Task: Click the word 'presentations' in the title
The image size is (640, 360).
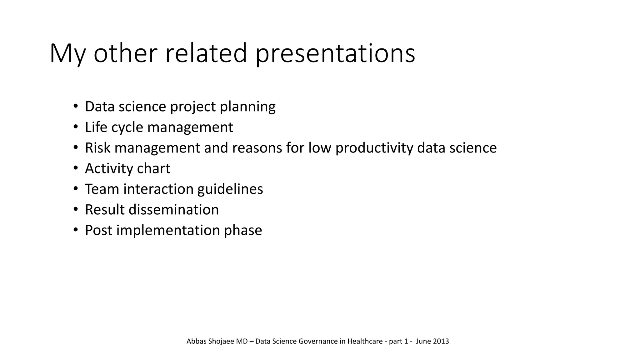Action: [335, 54]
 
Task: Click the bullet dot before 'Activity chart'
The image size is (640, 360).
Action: [75, 168]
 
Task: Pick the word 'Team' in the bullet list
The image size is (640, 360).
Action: [102, 189]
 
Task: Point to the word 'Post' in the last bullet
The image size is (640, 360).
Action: [98, 230]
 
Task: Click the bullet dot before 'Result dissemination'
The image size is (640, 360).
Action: [75, 209]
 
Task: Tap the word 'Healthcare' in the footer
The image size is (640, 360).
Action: [365, 341]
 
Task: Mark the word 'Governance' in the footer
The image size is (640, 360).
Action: [318, 341]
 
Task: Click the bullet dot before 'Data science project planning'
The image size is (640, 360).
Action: [75, 106]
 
